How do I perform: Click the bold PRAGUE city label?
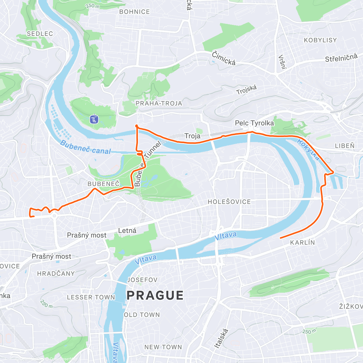pos(155,295)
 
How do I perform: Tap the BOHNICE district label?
pos(135,12)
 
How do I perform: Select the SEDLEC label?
pos(40,34)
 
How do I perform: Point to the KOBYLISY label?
pos(320,40)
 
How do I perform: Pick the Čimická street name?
pos(224,58)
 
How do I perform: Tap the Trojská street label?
pos(247,90)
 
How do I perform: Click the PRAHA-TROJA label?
pos(159,103)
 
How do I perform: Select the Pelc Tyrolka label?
pos(254,123)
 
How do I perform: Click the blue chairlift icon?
pos(94,119)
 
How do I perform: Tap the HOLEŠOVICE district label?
pos(229,202)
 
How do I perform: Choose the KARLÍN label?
pos(302,243)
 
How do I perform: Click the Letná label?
pos(127,231)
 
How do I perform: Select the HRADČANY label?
pos(56,273)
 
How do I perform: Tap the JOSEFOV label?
pos(142,280)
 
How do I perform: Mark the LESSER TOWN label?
pos(91,297)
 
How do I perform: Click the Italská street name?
pos(221,338)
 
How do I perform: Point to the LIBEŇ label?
pos(345,146)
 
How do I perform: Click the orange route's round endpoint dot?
pos(137,126)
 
